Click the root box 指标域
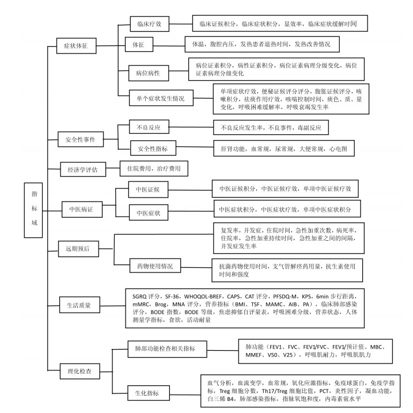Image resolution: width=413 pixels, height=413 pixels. pos(33,210)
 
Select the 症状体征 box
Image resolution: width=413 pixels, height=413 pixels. pos(77,46)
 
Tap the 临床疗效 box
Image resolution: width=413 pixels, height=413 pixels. pos(149,24)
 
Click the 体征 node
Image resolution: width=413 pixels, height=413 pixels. pos(139,44)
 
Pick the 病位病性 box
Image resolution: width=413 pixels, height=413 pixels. pos(149,73)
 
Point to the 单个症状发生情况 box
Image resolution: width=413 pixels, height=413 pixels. pos(161,98)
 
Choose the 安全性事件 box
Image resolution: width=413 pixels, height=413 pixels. pos(81,139)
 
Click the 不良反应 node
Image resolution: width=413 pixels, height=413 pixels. pos(149,127)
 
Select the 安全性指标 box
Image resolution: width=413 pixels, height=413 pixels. pos(153,148)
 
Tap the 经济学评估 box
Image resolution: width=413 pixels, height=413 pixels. pos(83,169)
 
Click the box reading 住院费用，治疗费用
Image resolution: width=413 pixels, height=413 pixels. pos(154,169)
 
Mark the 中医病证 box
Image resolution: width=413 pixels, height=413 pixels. pos(82,210)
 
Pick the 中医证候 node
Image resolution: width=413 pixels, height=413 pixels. pos(148,190)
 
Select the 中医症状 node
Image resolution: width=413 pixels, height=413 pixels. pos(149,213)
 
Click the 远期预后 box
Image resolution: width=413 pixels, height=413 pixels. pos(78,249)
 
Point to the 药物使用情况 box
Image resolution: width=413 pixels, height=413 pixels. pos(155,266)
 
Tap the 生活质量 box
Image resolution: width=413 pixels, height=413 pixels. pos(79,305)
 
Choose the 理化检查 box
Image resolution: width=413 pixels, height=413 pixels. pos(80,371)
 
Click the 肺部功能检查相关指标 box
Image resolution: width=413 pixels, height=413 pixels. pos(167,349)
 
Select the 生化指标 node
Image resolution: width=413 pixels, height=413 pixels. pos(149,393)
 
